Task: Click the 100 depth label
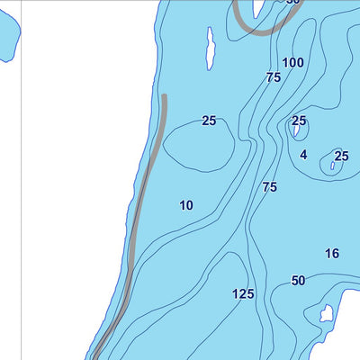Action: coord(292,62)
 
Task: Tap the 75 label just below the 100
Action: coord(274,78)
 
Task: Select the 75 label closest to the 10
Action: coord(269,187)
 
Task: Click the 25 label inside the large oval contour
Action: coord(209,121)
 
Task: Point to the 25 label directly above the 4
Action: coord(299,121)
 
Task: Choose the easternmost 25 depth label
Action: coord(341,157)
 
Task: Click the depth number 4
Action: coord(303,155)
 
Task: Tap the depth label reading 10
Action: coord(186,205)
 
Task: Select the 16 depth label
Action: coord(332,254)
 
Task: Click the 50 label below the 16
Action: coord(298,281)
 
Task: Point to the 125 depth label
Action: coord(243,294)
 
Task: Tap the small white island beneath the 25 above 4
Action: coord(295,132)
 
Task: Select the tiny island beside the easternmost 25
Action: coord(334,165)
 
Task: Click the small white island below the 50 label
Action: coord(326,314)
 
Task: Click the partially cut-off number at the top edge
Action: coord(292,3)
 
